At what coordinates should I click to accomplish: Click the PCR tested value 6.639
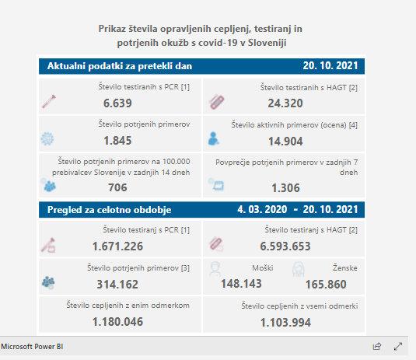[x=117, y=103]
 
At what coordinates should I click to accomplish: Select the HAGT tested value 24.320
[x=285, y=103]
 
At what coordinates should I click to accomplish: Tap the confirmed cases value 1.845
[x=117, y=141]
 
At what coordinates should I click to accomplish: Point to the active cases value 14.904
[x=285, y=142]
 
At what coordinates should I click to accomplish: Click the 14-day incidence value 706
[x=117, y=187]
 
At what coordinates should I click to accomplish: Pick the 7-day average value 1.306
[x=285, y=188]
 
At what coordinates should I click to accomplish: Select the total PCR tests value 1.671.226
[x=117, y=246]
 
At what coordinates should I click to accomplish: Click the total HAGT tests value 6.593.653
[x=285, y=246]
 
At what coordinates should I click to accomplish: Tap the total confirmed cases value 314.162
[x=117, y=285]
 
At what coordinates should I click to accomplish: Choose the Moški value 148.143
[x=241, y=284]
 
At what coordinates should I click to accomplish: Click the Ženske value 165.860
[x=326, y=285]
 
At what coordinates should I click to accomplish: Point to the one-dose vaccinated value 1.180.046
[x=117, y=322]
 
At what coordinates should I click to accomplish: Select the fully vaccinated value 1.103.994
[x=285, y=323]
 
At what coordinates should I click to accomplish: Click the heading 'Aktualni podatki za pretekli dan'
[x=120, y=66]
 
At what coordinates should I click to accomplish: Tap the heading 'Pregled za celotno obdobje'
[x=110, y=210]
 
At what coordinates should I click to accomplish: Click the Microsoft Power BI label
[x=32, y=347]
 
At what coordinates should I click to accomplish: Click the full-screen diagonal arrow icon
[x=398, y=346]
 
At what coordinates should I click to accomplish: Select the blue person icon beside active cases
[x=213, y=138]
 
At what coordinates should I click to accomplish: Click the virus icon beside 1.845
[x=47, y=138]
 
